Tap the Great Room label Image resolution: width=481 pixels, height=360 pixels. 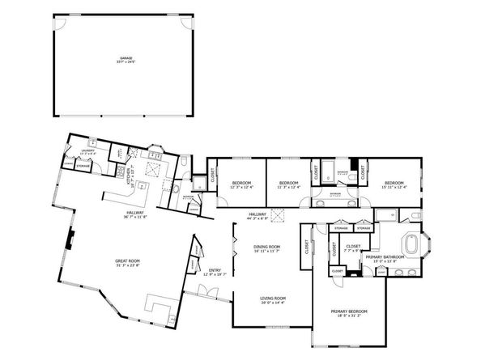pos(127,262)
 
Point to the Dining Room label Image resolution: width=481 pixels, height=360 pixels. pos(267,248)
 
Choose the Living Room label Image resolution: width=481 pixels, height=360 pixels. pos(272,301)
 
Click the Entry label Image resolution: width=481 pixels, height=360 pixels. pos(215,273)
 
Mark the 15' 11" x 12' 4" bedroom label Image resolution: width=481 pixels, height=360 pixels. pos(394,185)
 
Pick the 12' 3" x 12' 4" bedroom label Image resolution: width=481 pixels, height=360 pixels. pos(240,185)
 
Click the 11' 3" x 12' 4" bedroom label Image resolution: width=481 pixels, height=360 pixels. pos(289,185)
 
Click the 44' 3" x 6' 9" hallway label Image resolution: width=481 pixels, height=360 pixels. pos(259,216)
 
